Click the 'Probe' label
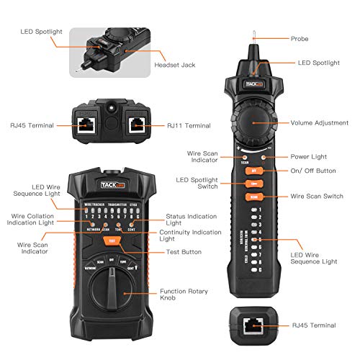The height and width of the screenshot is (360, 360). click(300, 38)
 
